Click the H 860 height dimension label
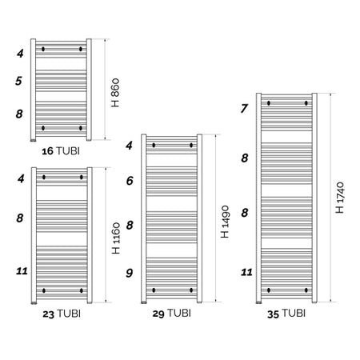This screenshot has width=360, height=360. click(x=115, y=93)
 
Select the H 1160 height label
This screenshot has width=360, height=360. click(x=116, y=238)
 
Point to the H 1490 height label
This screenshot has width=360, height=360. click(x=225, y=222)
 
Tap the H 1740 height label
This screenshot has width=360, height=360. click(x=340, y=198)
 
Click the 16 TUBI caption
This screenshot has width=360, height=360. click(x=61, y=151)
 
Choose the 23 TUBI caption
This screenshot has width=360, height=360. click(x=62, y=314)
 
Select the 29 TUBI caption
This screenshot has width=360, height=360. click(x=172, y=313)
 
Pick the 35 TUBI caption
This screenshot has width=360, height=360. click(x=286, y=314)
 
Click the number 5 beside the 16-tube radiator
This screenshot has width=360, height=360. click(x=18, y=81)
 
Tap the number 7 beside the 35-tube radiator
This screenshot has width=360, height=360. click(x=244, y=109)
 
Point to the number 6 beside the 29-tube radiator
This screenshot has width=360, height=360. click(x=130, y=181)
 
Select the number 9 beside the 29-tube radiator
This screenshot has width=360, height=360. click(x=130, y=273)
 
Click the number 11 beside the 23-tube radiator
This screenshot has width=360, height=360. click(x=22, y=271)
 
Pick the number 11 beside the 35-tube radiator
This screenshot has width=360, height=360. click(x=246, y=272)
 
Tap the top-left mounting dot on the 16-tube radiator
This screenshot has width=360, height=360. click(x=43, y=49)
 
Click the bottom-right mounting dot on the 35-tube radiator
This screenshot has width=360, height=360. click(x=306, y=290)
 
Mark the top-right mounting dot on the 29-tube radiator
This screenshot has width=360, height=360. click(x=191, y=145)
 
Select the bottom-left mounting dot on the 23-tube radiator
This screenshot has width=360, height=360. click(x=44, y=290)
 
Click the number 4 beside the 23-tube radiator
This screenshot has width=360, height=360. click(x=21, y=178)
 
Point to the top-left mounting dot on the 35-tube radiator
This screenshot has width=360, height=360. click(x=269, y=103)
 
